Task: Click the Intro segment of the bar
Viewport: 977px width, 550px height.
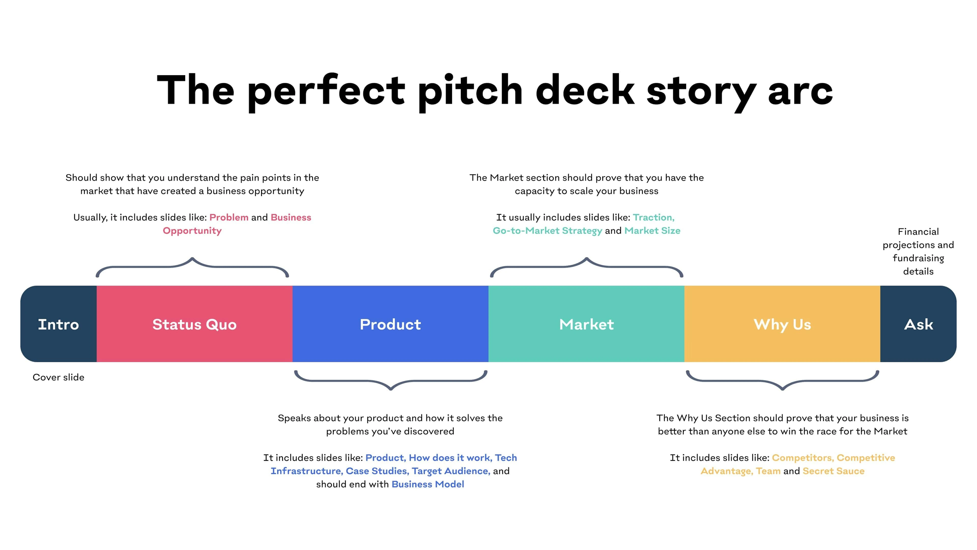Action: tap(58, 324)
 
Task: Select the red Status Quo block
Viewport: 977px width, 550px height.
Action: tap(194, 324)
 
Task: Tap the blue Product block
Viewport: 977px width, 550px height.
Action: tap(390, 324)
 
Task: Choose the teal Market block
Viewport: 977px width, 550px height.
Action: tap(586, 324)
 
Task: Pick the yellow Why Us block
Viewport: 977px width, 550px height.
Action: tap(782, 324)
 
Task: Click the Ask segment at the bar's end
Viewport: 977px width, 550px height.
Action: tap(918, 324)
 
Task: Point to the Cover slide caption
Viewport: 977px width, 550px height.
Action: tap(58, 377)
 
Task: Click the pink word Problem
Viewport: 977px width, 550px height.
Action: tap(229, 217)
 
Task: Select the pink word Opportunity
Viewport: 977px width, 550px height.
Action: tap(192, 230)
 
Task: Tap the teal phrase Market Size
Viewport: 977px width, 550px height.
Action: tap(652, 230)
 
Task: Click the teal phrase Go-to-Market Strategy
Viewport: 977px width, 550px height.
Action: tap(547, 230)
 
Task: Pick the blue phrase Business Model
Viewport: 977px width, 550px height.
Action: tap(428, 484)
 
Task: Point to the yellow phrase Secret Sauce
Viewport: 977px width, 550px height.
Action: tap(833, 471)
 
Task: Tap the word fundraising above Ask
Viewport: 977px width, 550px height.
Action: tap(918, 258)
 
